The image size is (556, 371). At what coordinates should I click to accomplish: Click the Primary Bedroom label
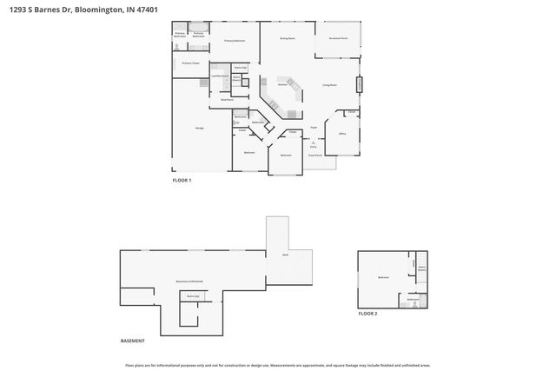[x=235, y=41]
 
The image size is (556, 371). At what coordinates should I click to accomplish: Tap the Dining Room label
[x=287, y=38]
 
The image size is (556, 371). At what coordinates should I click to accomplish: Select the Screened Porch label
[x=337, y=38]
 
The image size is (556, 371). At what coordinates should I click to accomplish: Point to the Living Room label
[x=329, y=85]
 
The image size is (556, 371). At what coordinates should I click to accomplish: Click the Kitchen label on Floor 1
[x=282, y=84]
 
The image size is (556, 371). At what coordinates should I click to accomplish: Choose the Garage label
[x=199, y=128]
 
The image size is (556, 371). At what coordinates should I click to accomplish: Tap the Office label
[x=342, y=134]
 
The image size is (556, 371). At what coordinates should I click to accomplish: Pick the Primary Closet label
[x=190, y=63]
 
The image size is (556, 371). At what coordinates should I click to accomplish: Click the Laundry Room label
[x=220, y=76]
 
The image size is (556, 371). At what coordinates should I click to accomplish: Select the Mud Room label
[x=227, y=100]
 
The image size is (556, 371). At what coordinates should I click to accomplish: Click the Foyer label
[x=314, y=127]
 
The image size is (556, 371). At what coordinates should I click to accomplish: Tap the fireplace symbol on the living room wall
[x=360, y=84]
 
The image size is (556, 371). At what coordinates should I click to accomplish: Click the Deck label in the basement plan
[x=285, y=255]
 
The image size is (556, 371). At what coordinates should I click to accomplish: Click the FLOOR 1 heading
[x=182, y=180]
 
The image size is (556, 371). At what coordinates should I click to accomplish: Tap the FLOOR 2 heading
[x=368, y=313]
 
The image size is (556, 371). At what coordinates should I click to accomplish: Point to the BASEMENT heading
[x=133, y=340]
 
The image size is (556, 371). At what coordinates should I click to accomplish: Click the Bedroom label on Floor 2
[x=383, y=277]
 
